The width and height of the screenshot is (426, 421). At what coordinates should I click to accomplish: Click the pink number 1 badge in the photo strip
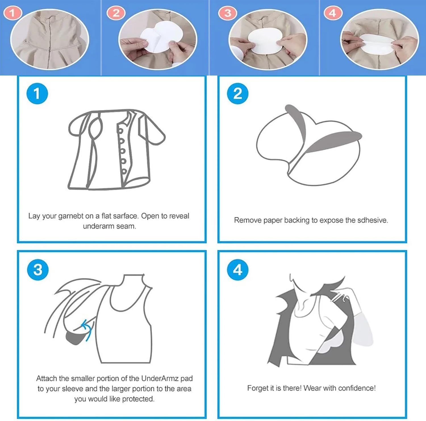point(12,13)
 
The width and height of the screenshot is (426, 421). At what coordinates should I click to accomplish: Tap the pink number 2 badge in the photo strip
point(116,13)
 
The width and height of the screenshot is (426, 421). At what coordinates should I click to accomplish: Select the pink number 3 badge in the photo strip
point(227,13)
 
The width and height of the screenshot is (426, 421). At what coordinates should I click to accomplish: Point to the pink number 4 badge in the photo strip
point(333,13)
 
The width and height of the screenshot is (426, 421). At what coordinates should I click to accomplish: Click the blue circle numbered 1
point(37,93)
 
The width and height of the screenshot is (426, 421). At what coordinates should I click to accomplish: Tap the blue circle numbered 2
point(237,93)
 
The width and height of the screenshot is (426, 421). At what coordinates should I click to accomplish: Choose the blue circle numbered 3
point(38,270)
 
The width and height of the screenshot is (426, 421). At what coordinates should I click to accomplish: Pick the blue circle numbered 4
point(238,270)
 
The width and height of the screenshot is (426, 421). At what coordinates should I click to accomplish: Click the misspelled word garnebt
point(71,216)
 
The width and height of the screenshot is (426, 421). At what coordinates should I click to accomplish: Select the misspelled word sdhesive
point(371,220)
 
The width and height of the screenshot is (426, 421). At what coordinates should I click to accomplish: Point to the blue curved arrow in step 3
point(87,330)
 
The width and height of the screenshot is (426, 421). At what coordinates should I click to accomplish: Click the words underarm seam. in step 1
point(109,226)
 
